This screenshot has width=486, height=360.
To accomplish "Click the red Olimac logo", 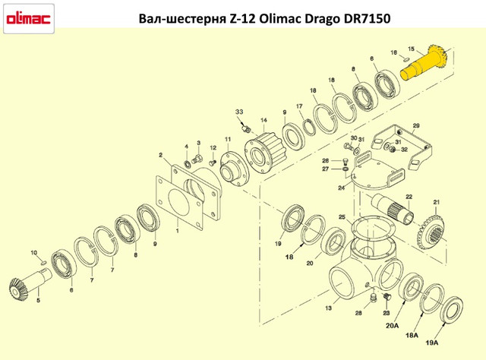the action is (x=29, y=19).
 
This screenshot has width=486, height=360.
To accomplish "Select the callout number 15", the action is (x=412, y=49).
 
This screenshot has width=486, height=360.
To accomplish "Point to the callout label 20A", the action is (x=392, y=326).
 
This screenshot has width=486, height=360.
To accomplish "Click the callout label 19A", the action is (x=432, y=343).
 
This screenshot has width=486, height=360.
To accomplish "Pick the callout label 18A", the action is (x=412, y=335).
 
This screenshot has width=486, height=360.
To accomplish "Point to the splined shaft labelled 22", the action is (x=392, y=207).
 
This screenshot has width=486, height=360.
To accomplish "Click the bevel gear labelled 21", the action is (x=431, y=233).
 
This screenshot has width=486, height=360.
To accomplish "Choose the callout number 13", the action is (x=328, y=308).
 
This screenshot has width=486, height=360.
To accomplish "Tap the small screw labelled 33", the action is (x=246, y=128).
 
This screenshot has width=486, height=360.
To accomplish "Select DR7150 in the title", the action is (x=367, y=18).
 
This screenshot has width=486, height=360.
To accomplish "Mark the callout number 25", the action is (x=342, y=216).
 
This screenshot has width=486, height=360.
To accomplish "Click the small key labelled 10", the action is (x=43, y=263).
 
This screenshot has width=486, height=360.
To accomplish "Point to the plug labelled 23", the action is (x=387, y=297).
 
